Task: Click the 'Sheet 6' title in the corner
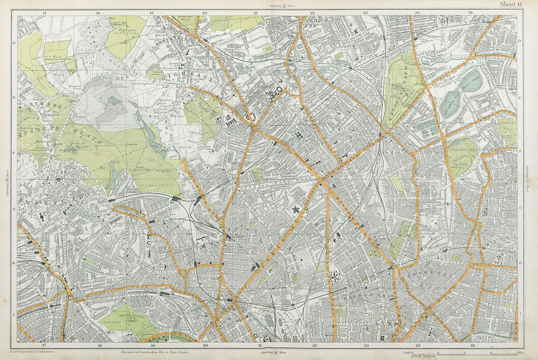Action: pyautogui.click(x=510, y=4)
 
